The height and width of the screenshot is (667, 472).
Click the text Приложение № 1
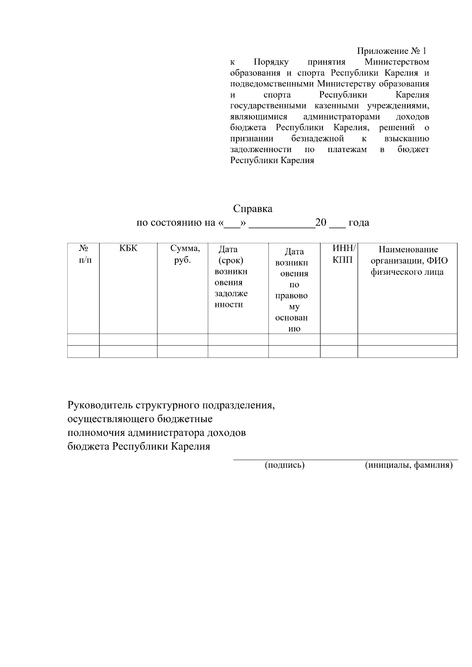tap(391, 51)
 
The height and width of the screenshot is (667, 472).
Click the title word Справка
tap(253, 209)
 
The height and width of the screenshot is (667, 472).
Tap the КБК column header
tap(128, 248)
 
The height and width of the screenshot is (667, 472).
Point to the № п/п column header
tap(83, 254)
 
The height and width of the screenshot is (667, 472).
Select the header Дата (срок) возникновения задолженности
tap(231, 277)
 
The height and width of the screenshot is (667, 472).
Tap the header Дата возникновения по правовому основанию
tap(292, 290)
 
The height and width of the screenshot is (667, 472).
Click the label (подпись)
tap(285, 465)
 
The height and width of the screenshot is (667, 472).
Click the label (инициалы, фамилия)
tap(409, 465)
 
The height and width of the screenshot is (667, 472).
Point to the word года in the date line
tap(359, 223)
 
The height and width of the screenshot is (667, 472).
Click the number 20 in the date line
tap(321, 222)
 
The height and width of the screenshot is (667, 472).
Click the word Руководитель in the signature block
tap(100, 405)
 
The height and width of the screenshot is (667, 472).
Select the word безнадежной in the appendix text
tap(317, 139)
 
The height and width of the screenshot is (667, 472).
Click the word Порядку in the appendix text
tap(271, 62)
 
